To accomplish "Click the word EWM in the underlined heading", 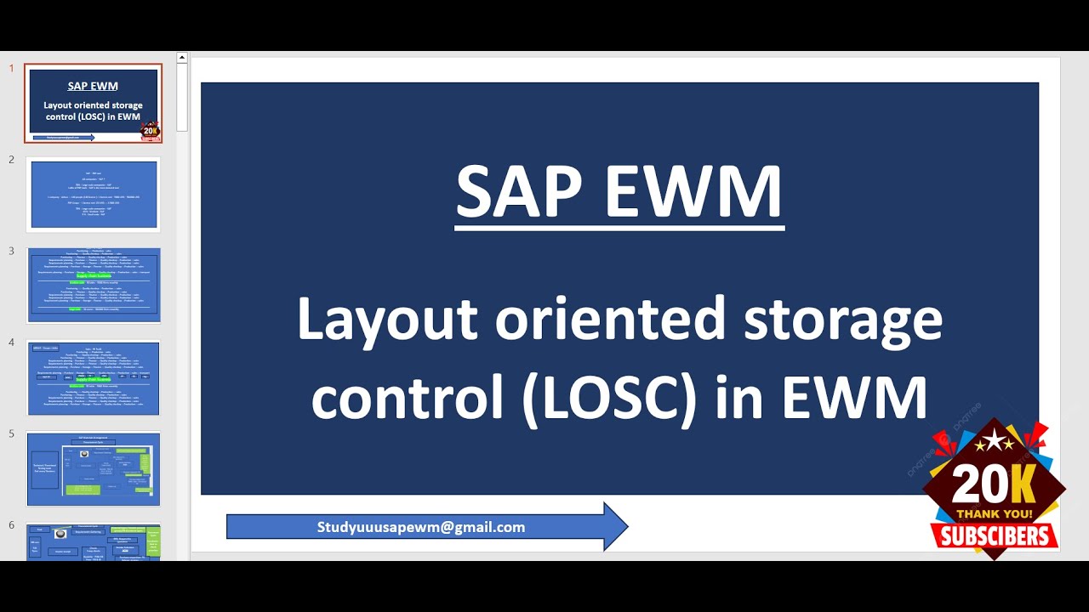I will (694, 192).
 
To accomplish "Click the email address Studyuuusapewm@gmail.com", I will (421, 527).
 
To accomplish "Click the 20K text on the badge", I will (993, 484).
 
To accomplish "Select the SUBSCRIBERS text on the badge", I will (995, 535).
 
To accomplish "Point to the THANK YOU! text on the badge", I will (995, 513).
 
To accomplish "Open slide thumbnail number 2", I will (94, 194).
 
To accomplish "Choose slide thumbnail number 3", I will (94, 285).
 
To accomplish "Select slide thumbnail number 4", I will (94, 377).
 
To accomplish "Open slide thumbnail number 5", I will (94, 468).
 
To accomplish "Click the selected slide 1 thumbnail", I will (94, 103).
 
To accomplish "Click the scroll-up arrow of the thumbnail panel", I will (182, 58).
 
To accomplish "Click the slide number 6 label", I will (12, 524).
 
